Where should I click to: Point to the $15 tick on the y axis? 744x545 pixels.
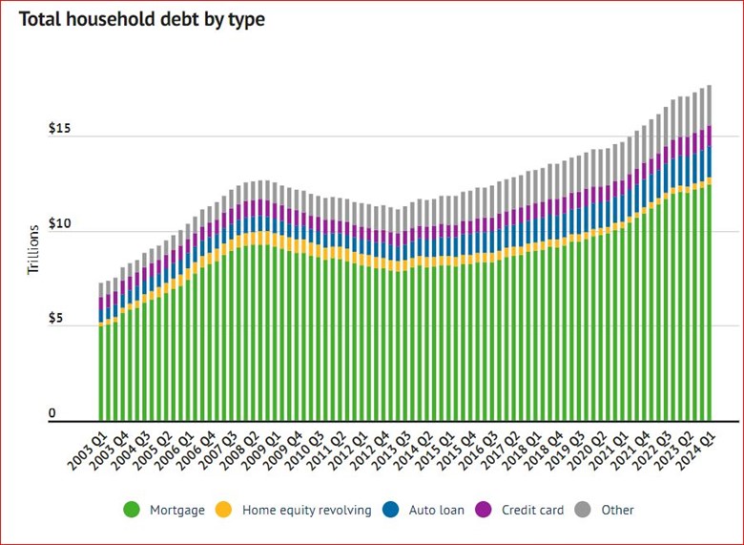tap(60, 129)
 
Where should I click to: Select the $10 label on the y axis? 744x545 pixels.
tap(60, 223)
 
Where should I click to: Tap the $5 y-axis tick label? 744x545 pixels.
tap(56, 318)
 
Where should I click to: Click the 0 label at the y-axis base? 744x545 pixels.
tap(52, 412)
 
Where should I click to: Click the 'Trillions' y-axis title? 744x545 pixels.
tap(32, 250)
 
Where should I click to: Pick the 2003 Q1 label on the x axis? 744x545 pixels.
tap(88, 449)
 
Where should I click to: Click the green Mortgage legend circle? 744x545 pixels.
tap(132, 510)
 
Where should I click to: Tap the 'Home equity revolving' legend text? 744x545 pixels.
tap(306, 510)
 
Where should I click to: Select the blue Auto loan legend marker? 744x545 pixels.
tap(391, 510)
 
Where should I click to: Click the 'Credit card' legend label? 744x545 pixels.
tap(533, 510)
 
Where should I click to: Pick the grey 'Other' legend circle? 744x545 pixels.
tap(584, 510)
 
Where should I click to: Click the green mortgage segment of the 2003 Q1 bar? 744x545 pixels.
tap(101, 372)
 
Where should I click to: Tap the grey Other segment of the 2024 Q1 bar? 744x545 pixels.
tap(709, 105)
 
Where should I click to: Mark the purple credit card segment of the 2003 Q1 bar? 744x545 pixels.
tap(101, 304)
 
